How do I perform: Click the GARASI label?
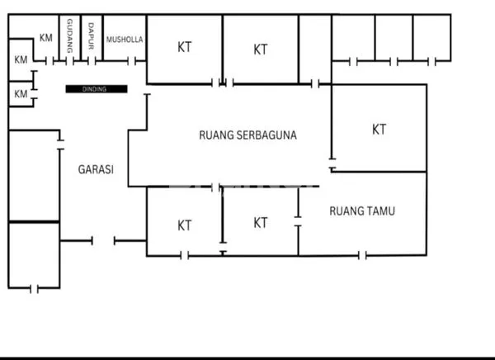[96, 169]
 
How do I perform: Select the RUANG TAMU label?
[361, 211]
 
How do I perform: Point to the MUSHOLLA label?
[125, 38]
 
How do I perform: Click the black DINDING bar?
[96, 89]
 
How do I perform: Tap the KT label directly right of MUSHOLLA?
[185, 47]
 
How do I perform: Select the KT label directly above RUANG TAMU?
[379, 130]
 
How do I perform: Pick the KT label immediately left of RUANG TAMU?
[261, 222]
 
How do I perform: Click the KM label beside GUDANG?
[46, 38]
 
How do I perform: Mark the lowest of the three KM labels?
[20, 95]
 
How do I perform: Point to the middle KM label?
[20, 59]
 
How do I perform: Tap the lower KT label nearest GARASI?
[185, 225]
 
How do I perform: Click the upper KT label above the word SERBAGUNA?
[261, 50]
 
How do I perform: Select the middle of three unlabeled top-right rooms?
[394, 37]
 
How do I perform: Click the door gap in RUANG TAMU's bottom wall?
[361, 255]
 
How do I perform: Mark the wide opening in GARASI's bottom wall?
[104, 240]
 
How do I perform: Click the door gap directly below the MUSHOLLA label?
[130, 61]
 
